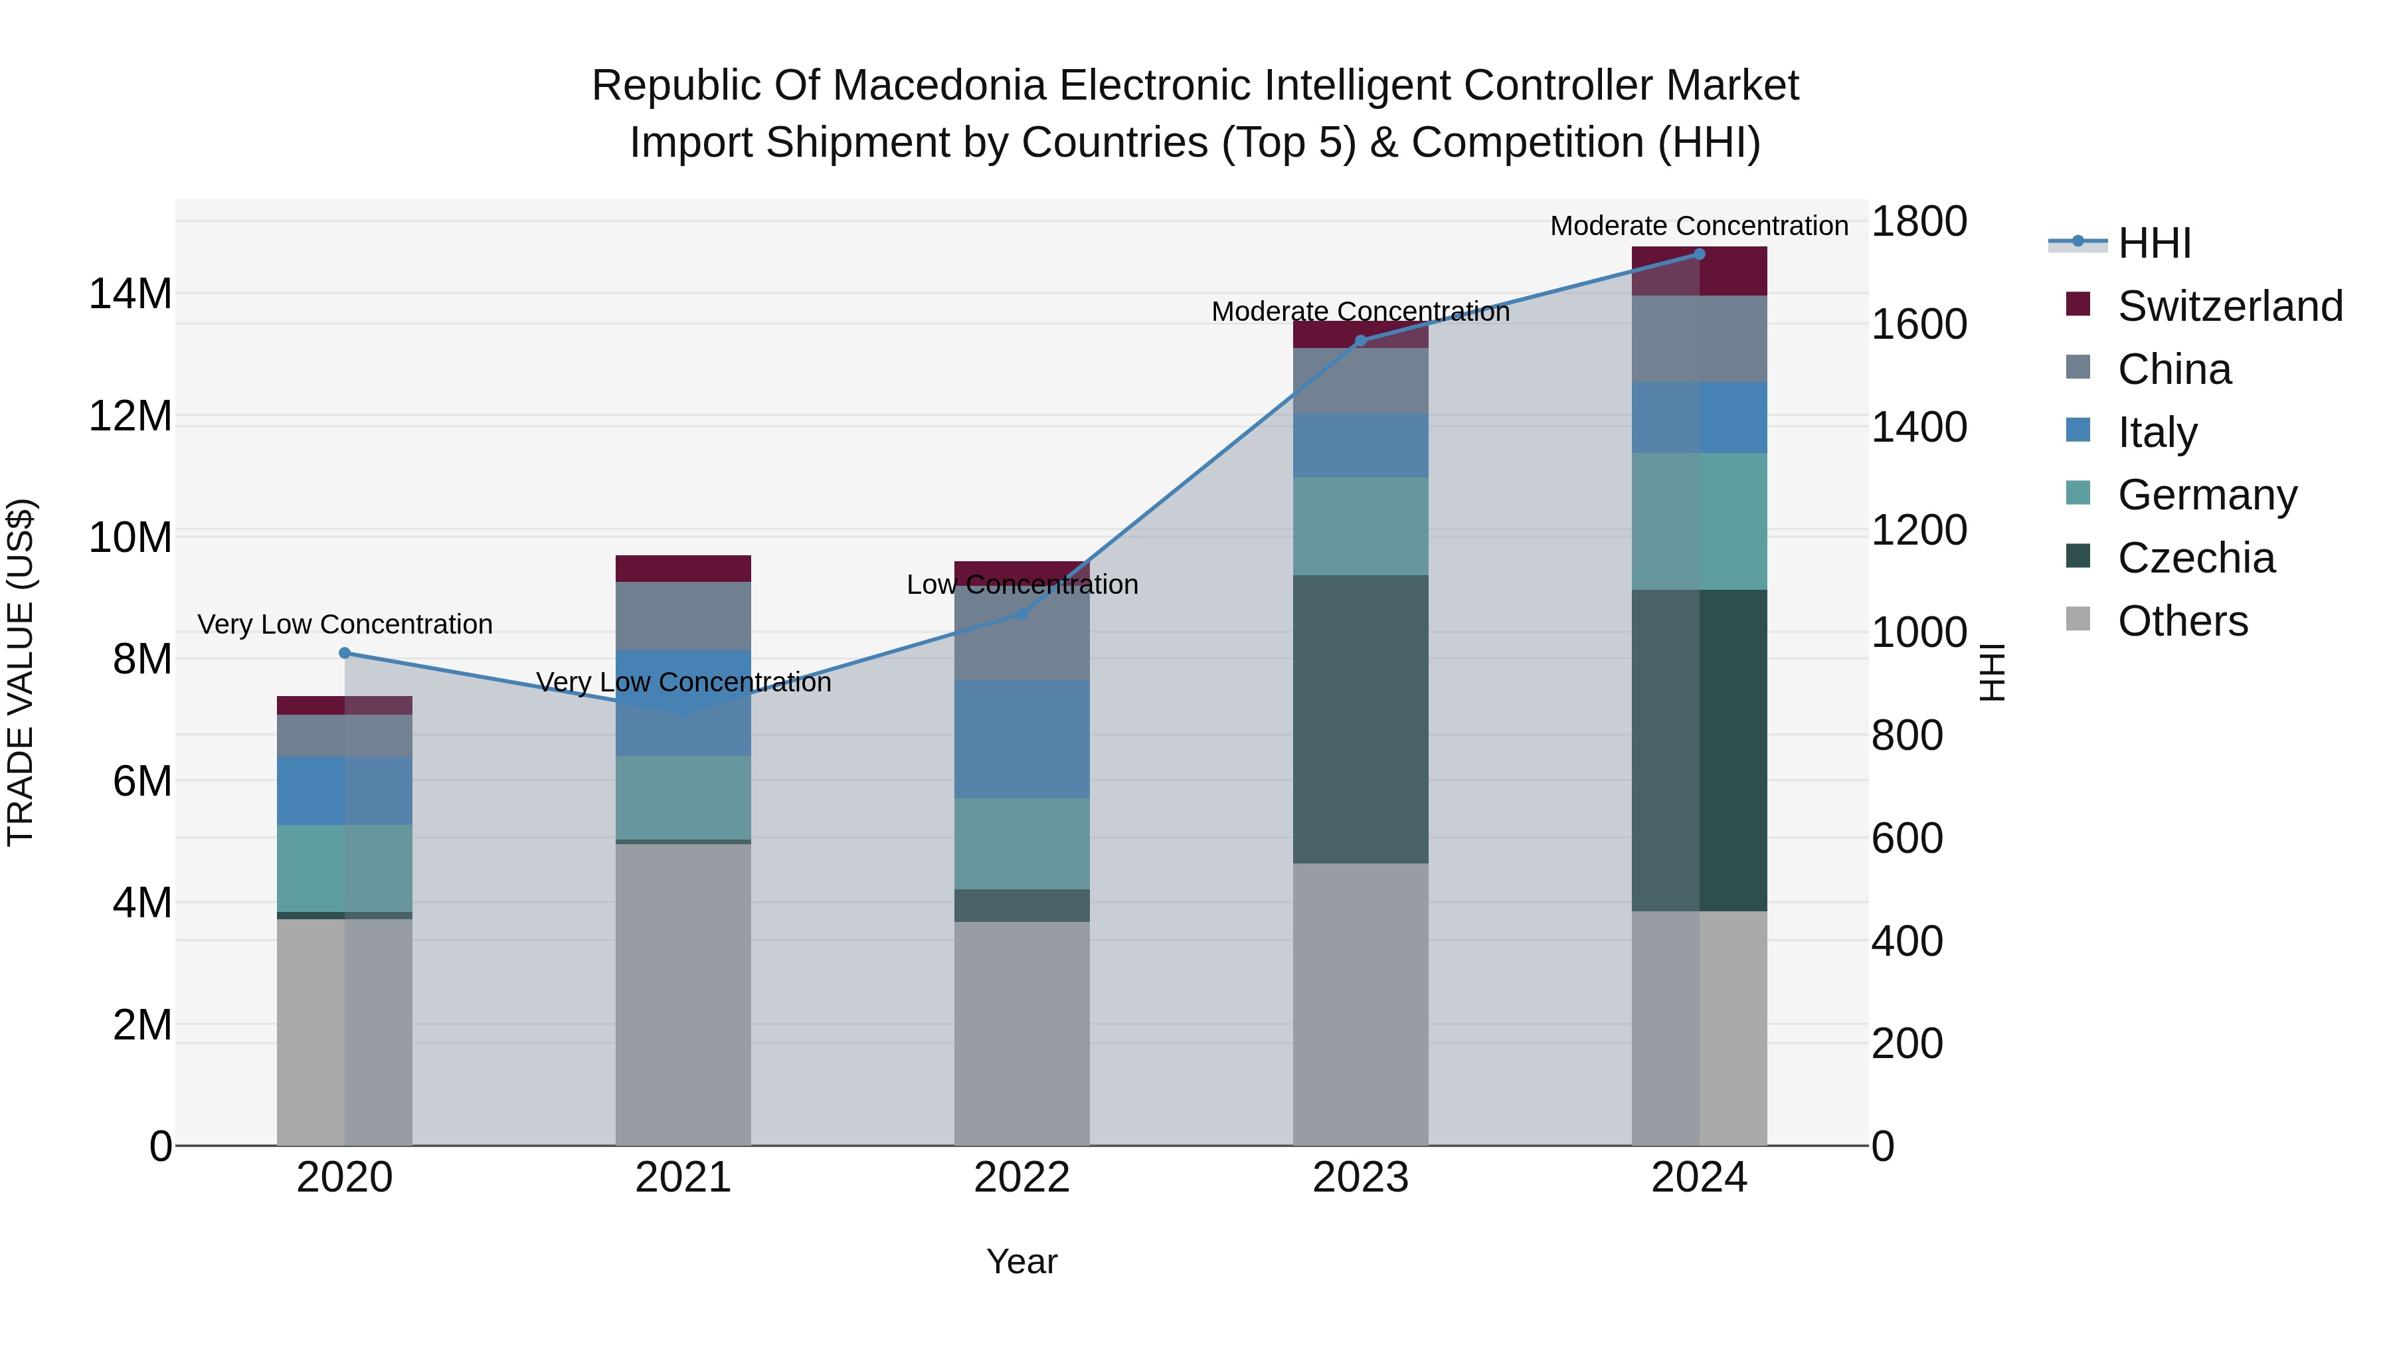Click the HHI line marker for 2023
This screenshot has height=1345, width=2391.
point(1361,341)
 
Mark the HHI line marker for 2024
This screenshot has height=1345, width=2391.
point(1700,254)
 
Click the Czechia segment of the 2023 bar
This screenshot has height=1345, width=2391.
point(1361,719)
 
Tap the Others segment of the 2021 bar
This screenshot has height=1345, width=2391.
point(683,993)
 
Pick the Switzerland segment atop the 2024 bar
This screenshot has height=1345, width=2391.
point(1700,271)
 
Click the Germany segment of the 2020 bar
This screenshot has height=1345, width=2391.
point(344,868)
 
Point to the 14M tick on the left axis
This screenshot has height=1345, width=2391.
point(130,294)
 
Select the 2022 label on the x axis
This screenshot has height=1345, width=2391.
point(1022,1178)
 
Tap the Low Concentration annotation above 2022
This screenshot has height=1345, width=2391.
point(1022,584)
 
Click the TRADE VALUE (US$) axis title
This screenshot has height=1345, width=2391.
point(21,672)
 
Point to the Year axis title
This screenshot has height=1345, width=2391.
point(1022,1261)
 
